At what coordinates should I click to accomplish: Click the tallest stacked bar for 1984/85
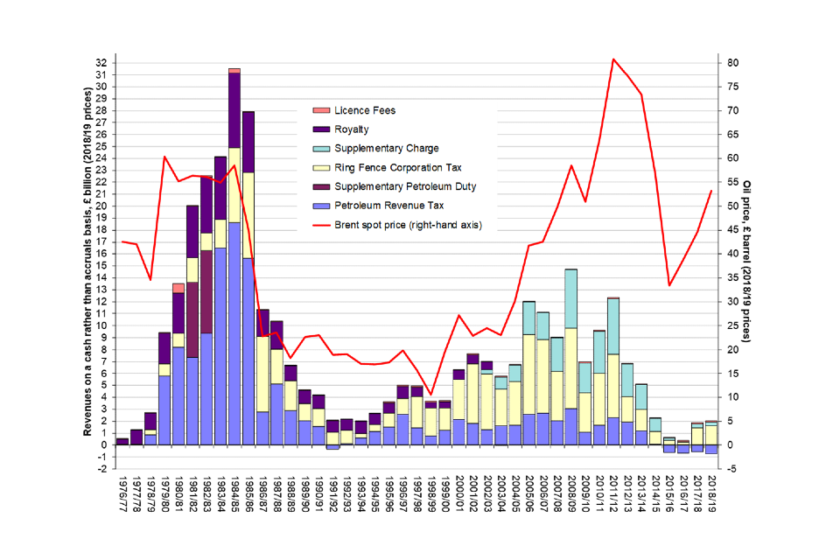coord(234,262)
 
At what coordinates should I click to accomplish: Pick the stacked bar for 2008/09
coord(570,359)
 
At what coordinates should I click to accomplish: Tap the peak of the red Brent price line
coord(613,59)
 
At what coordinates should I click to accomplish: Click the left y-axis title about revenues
coord(88,254)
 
